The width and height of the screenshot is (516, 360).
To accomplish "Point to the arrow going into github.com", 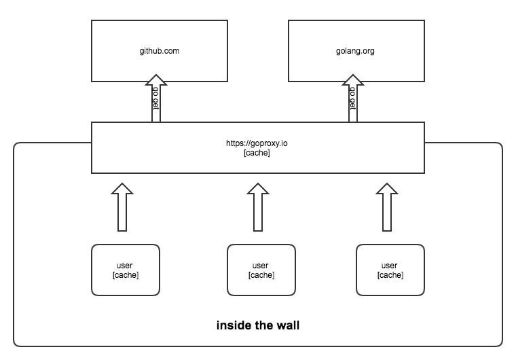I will pyautogui.click(x=155, y=102).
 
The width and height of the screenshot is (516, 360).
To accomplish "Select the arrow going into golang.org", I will pyautogui.click(x=353, y=102).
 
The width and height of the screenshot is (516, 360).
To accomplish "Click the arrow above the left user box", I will pyautogui.click(x=123, y=207).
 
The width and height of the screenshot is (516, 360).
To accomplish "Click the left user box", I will pyautogui.click(x=126, y=270).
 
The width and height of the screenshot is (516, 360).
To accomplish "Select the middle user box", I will pyautogui.click(x=261, y=270).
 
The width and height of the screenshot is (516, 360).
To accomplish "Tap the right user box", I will pyautogui.click(x=390, y=270).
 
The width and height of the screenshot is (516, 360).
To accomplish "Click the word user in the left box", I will pyautogui.click(x=126, y=265).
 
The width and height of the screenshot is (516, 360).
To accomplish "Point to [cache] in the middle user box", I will pyautogui.click(x=261, y=275).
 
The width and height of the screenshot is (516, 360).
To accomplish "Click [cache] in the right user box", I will pyautogui.click(x=390, y=275).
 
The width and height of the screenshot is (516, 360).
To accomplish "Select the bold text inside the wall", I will pyautogui.click(x=257, y=325).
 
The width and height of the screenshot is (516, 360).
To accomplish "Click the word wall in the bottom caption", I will pyautogui.click(x=288, y=325).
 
